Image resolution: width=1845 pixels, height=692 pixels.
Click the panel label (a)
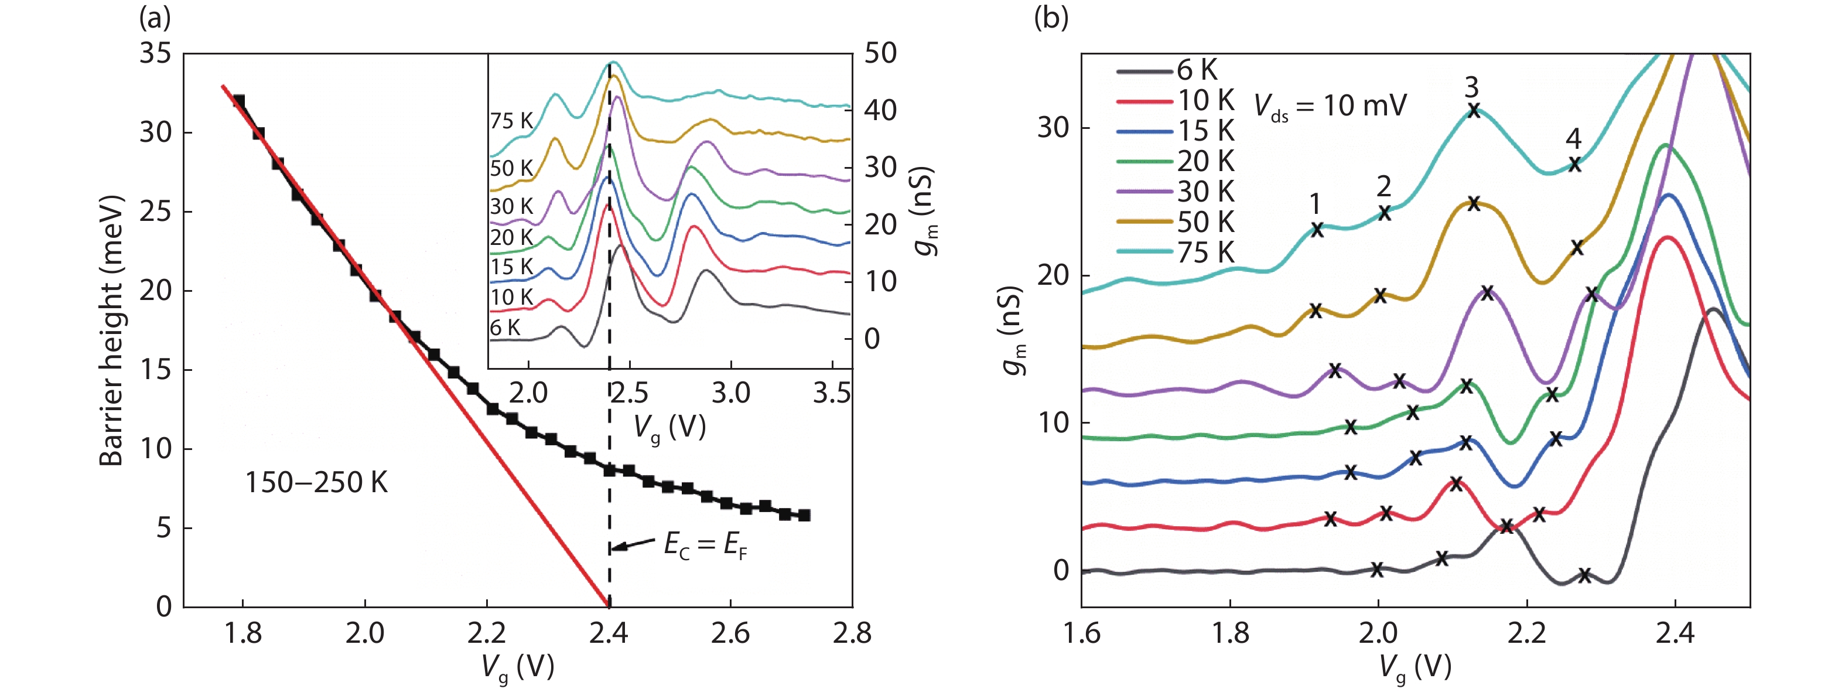click(155, 19)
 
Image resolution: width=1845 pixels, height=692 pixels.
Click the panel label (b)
click(1051, 19)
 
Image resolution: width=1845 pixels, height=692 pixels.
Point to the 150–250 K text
click(316, 483)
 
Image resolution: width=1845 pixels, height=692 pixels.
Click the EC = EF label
click(705, 546)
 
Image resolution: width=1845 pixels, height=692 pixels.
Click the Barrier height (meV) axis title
click(112, 331)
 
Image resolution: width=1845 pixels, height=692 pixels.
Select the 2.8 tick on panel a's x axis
click(852, 633)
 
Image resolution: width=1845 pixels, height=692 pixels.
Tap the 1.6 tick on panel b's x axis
click(1081, 633)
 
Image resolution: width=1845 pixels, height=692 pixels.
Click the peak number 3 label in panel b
click(1471, 87)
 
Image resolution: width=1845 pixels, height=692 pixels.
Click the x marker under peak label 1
click(1317, 230)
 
